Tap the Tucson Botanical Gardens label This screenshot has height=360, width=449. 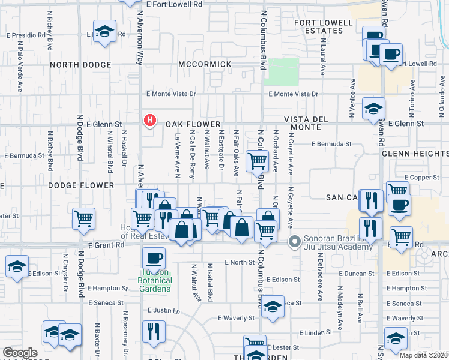coord(155,280)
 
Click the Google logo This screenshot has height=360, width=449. coord(20,353)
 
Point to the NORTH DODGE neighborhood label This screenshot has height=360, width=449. coord(80,65)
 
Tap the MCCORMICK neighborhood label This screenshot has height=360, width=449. coord(205,64)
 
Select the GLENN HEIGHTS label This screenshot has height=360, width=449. coord(415,154)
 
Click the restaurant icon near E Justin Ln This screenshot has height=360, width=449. coord(153,330)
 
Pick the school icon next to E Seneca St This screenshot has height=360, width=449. coord(273,306)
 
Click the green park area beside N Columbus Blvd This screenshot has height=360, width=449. coord(282,72)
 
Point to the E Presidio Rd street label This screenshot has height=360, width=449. coord(26,35)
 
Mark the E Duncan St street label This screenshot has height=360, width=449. coord(356,273)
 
